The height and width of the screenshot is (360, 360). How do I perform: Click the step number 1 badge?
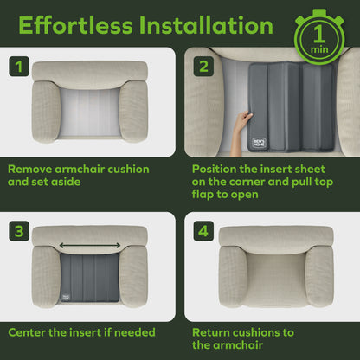point(19,67)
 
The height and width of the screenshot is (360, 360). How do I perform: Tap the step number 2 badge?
point(203,67)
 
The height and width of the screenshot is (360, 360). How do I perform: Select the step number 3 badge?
point(19,231)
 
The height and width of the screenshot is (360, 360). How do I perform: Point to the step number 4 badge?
point(203,231)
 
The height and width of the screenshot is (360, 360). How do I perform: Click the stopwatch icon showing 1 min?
point(319,36)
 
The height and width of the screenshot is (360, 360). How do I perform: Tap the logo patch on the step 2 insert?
point(259,143)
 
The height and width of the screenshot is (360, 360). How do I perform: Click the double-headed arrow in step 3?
point(90,246)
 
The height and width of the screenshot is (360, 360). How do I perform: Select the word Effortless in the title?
point(75,25)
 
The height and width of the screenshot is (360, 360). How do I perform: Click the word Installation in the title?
point(206,25)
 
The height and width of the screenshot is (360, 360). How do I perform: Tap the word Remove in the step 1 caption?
point(29,169)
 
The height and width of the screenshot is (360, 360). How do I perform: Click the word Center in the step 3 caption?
point(27,332)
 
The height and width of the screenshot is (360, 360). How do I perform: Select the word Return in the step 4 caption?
point(211,332)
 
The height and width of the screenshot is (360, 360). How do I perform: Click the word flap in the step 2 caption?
point(202,195)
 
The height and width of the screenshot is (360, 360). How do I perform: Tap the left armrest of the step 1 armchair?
point(46,112)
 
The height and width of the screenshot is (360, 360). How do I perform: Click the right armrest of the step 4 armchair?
point(319,276)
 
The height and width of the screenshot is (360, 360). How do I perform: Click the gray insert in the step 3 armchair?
point(90,278)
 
